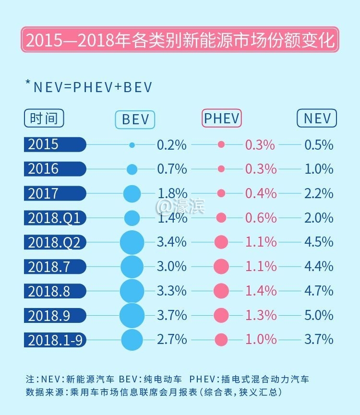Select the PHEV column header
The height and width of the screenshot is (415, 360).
click(x=221, y=118)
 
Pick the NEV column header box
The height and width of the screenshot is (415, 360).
click(x=317, y=118)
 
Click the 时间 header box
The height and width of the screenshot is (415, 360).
click(x=44, y=118)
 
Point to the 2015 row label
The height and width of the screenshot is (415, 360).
click(x=55, y=144)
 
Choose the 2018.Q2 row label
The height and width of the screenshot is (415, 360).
click(x=55, y=242)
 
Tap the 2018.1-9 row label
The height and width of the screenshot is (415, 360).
click(x=55, y=340)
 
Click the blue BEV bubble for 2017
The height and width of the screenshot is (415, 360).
click(x=132, y=194)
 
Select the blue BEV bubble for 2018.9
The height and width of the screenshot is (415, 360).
click(x=132, y=315)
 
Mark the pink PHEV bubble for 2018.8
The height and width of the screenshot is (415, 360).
click(x=221, y=291)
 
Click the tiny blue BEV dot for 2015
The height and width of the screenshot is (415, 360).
click(x=132, y=144)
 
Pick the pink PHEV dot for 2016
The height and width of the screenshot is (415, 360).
click(x=221, y=169)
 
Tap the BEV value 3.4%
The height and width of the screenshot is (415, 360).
click(x=171, y=242)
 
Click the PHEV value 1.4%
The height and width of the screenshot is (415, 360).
click(x=261, y=291)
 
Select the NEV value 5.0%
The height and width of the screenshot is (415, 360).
click(x=319, y=315)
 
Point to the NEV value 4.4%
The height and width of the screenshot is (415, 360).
click(x=319, y=266)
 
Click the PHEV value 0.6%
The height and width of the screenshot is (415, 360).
click(x=261, y=218)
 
